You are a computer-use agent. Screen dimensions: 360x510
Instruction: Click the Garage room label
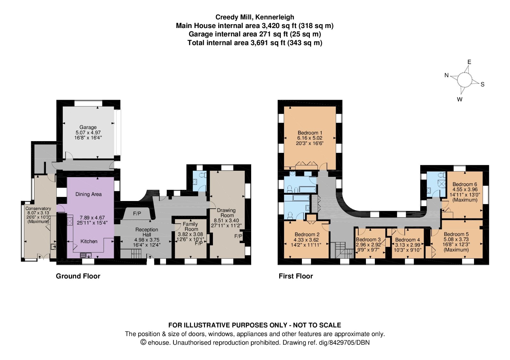coord(88,127)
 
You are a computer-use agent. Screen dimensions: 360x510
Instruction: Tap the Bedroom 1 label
coord(310,133)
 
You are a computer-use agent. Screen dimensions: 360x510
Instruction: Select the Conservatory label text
coord(38,208)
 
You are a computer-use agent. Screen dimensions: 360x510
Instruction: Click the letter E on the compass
coord(469,62)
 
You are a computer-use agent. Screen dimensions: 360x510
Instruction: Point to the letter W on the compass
coord(460,99)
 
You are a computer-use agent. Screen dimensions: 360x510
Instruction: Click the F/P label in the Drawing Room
coord(238,236)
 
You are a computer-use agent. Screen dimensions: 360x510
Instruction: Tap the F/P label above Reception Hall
coord(137,213)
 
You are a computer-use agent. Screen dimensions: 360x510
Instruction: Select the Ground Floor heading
coord(78,276)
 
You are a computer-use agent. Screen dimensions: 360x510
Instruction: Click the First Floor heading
coord(296,276)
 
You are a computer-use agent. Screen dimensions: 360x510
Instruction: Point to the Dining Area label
coord(89,194)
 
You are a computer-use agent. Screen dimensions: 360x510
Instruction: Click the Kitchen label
coord(89,241)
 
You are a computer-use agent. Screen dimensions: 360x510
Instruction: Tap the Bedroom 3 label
coord(368,240)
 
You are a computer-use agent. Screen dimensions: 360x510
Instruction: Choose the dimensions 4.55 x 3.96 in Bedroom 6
coord(465,189)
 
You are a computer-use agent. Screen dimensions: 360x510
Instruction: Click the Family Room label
coord(191,227)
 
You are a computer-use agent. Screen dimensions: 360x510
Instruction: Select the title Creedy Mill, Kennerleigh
coord(255,17)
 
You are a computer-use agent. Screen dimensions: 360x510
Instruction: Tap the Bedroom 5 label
coord(456,234)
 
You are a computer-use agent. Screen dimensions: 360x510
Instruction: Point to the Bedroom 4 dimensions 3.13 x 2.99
coord(407,245)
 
